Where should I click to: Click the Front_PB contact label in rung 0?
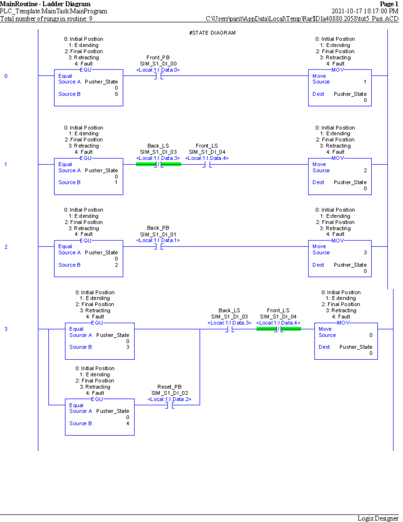point(158,57)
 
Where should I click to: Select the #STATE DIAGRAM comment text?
point(212,33)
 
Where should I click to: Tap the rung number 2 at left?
point(6,247)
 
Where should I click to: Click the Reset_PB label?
point(169,387)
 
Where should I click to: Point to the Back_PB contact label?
point(158,228)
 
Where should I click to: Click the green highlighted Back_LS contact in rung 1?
point(159,164)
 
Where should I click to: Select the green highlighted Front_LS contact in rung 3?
point(278,329)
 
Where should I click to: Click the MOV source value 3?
point(365,252)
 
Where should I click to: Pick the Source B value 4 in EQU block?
point(128,424)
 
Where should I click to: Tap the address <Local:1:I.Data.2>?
point(169,399)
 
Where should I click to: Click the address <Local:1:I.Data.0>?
point(158,70)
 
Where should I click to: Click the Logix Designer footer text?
point(377,518)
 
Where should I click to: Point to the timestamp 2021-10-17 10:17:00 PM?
point(365,11)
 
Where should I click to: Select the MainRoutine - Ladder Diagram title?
point(45,4)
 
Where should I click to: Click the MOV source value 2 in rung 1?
point(365,170)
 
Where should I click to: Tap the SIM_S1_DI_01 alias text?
point(158,234)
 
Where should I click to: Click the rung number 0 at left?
point(6,76)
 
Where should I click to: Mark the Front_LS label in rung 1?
point(207,146)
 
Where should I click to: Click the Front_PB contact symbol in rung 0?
point(159,76)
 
